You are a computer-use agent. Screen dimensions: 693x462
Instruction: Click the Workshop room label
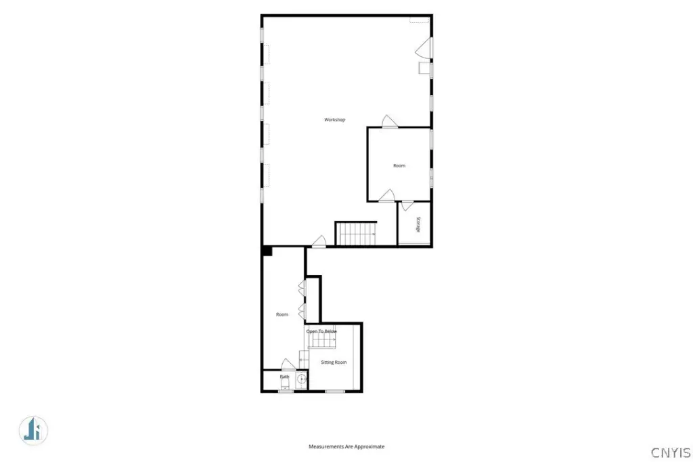[334, 119]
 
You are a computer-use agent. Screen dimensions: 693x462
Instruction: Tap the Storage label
[418, 224]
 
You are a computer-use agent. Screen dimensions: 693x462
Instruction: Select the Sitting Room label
[334, 362]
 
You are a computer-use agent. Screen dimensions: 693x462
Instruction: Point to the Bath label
[285, 377]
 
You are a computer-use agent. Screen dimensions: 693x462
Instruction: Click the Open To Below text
[321, 331]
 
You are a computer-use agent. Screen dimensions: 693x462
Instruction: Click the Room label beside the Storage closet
[399, 165]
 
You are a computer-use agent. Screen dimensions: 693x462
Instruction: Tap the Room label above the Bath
[282, 314]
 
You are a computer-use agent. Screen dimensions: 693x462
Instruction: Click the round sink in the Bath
[301, 379]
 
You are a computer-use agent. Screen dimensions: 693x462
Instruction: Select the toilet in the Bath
[285, 381]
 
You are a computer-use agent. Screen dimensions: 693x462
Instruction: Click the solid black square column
[267, 251]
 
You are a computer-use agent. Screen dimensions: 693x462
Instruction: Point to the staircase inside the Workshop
[356, 233]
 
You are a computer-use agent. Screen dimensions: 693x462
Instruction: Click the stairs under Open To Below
[321, 341]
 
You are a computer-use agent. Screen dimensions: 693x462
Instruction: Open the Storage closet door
[407, 206]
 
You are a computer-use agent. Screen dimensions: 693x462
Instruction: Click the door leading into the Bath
[288, 364]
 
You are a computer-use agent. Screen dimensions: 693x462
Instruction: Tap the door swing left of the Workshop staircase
[319, 241]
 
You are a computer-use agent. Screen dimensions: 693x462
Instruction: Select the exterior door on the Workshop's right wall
[424, 48]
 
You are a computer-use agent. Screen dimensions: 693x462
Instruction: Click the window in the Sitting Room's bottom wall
[335, 391]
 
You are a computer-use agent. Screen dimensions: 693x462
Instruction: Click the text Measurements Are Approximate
[346, 446]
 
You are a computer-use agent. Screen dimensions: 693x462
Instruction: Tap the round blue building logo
[34, 430]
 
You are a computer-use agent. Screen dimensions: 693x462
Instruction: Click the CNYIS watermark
[671, 453]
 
